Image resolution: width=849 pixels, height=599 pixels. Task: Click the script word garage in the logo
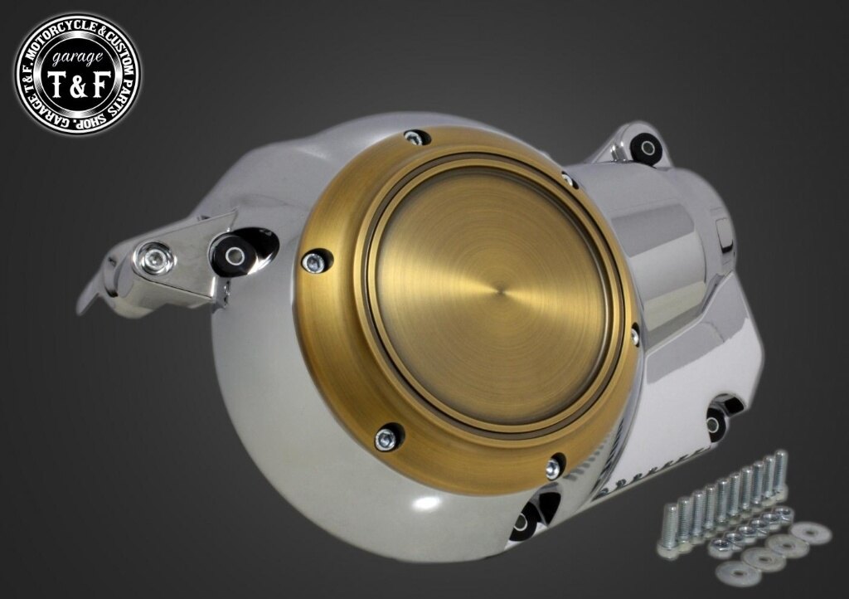coord(77,56)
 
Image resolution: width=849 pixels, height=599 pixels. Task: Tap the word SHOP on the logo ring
coord(93,123)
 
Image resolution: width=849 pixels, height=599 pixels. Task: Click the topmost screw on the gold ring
coord(415,138)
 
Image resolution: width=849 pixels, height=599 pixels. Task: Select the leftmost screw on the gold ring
coord(313,263)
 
